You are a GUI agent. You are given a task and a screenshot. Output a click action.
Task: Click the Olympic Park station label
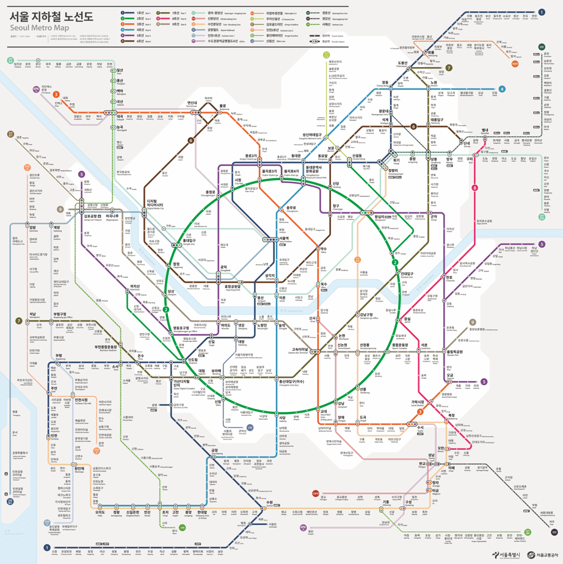[x=454, y=352]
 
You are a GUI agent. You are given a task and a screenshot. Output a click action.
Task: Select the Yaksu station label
[x=324, y=249]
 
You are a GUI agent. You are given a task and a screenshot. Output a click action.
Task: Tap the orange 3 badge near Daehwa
[x=56, y=95]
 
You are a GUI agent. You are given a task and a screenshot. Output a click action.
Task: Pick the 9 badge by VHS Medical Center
[x=472, y=322]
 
